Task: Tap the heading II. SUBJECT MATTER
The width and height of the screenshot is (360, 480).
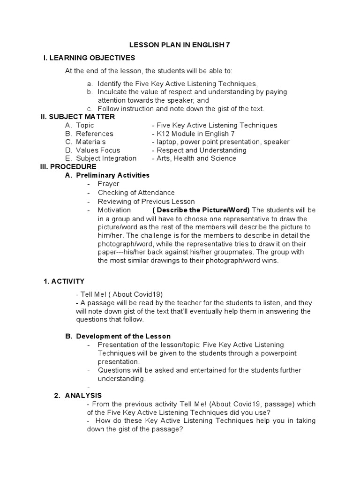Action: coord(78,117)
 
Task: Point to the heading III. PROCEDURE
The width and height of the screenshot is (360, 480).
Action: coord(69,167)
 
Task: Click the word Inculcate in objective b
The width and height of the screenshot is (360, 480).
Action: coord(112,92)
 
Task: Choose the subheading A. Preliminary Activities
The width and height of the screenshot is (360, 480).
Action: coord(112,175)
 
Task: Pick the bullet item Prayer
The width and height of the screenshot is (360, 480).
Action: coord(108,184)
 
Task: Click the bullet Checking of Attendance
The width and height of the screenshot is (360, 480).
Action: coord(136,193)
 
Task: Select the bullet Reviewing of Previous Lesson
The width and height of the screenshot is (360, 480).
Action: coord(146,202)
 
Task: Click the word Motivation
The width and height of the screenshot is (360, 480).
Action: coord(114,210)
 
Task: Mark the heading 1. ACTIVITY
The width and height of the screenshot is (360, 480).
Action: coord(64,281)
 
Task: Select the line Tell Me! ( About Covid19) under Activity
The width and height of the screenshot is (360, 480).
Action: coord(120,294)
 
